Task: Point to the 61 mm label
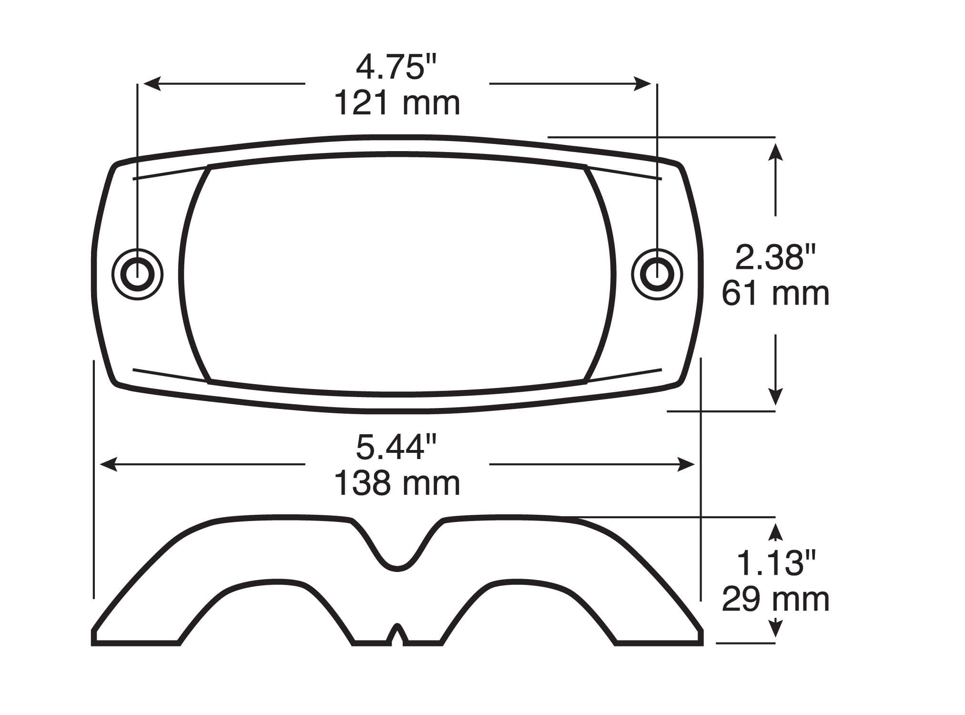[775, 293]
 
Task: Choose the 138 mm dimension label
[397, 483]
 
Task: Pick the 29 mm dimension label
[775, 599]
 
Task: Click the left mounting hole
[138, 274]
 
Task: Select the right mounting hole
[657, 274]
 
